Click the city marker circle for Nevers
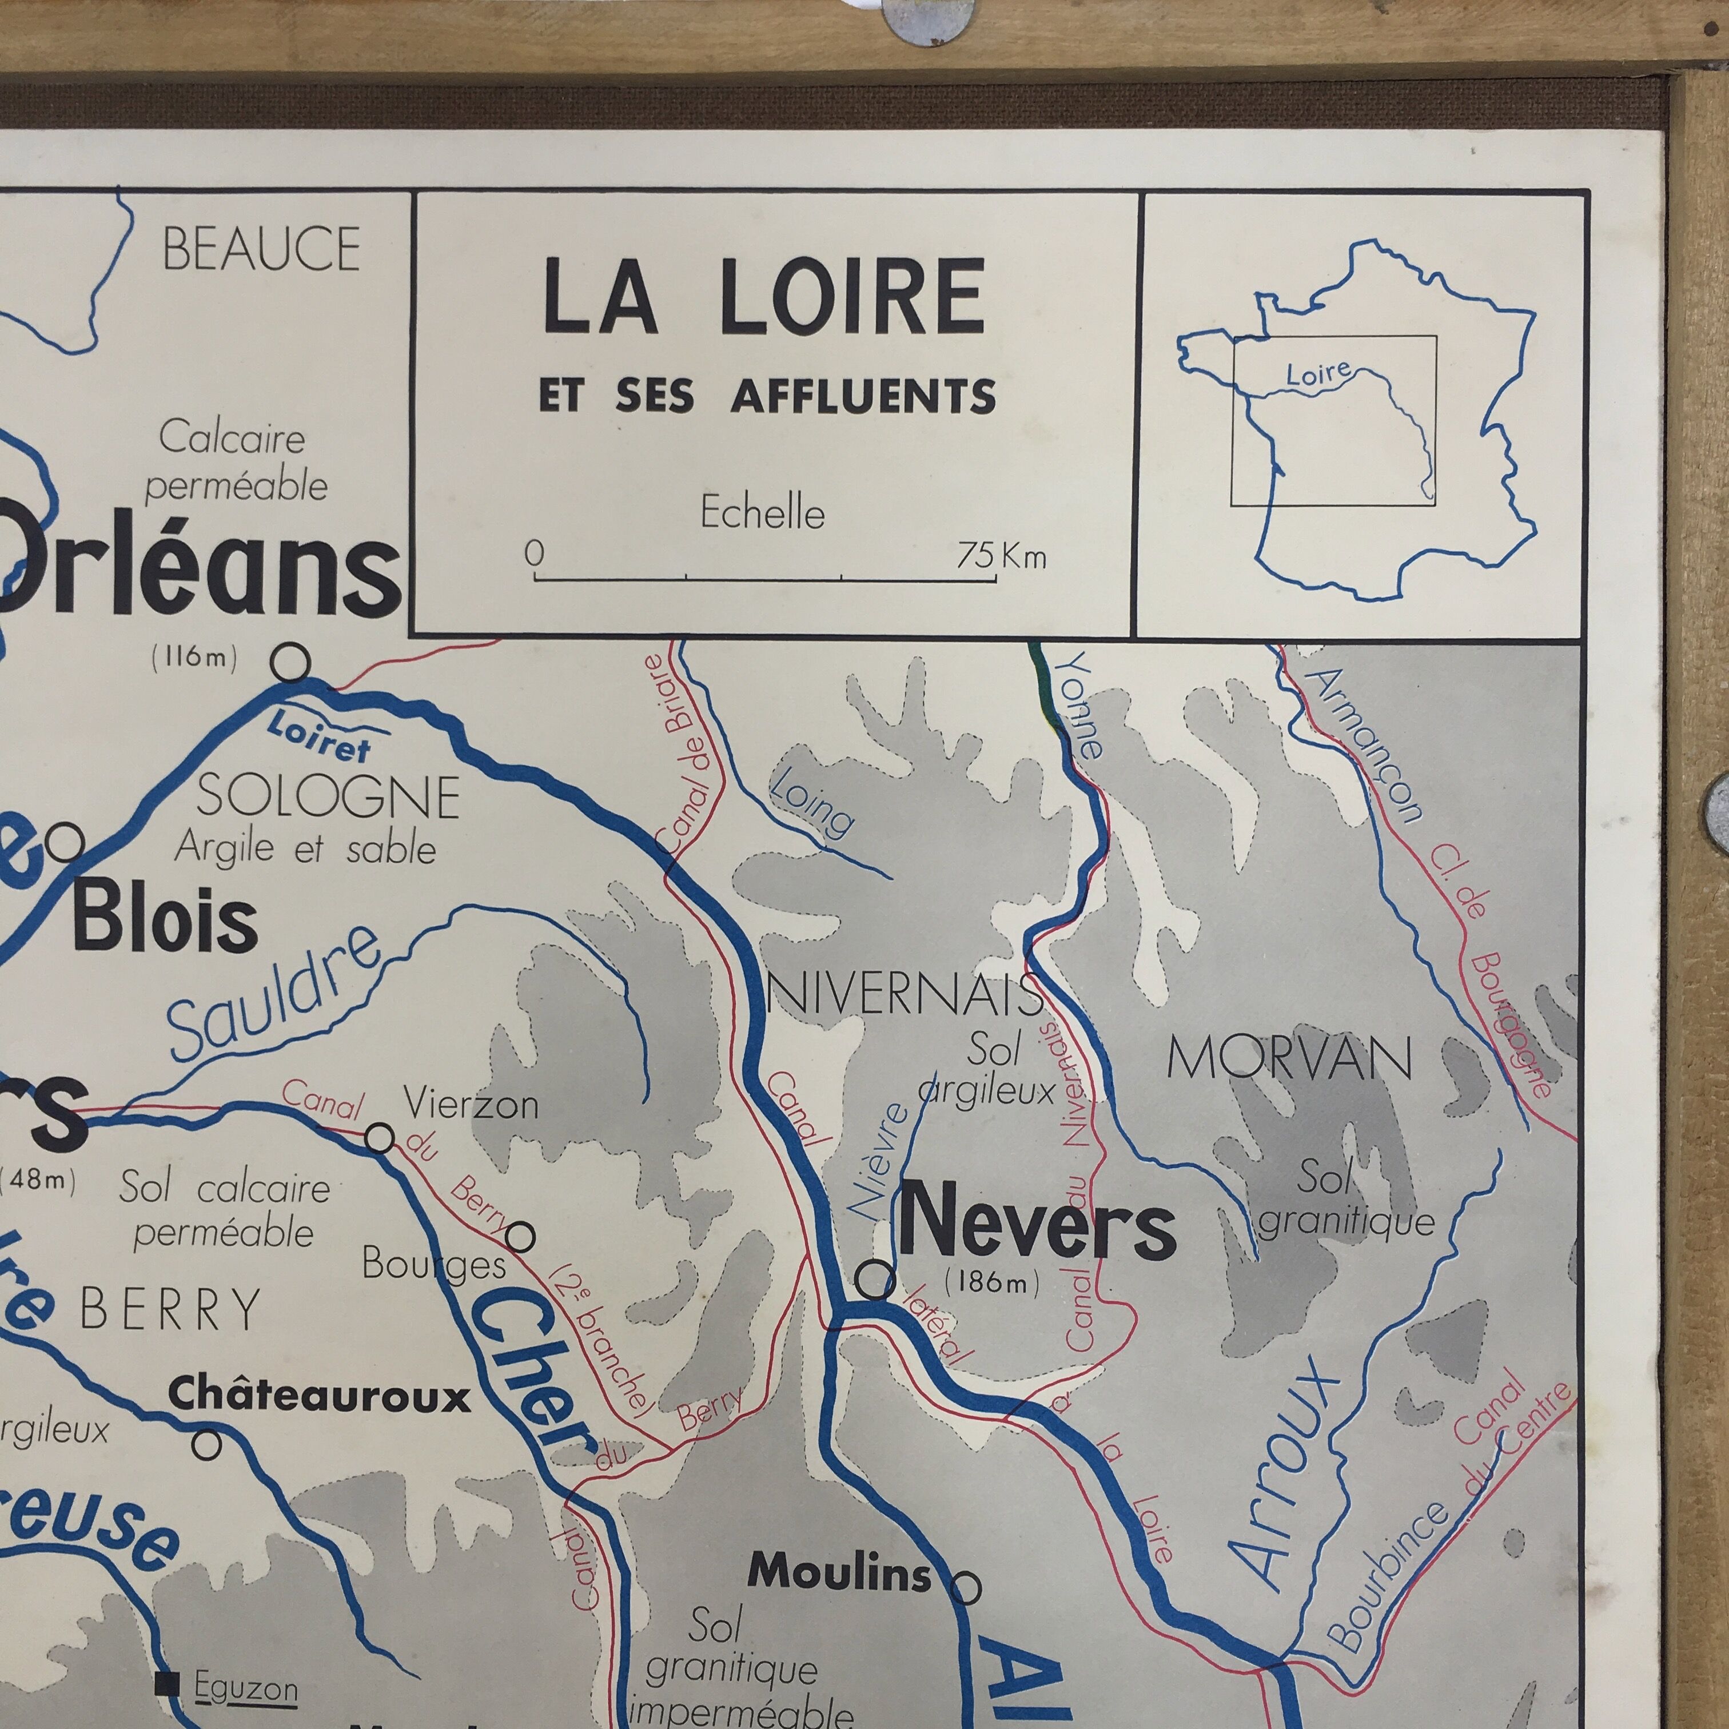tap(874, 1280)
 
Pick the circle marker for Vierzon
tap(380, 1138)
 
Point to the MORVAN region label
tap(1289, 1061)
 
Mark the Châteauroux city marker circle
tap(207, 1444)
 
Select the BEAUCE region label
tap(261, 249)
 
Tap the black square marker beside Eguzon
tap(165, 1684)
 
